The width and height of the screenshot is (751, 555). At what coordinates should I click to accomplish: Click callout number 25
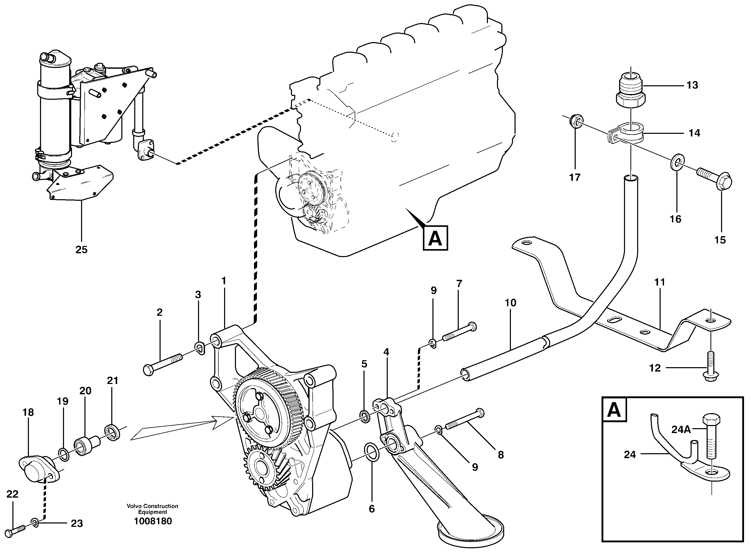click(x=81, y=250)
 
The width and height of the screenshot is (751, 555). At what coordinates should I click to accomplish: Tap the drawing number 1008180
click(x=153, y=521)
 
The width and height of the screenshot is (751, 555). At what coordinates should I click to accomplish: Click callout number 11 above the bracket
click(x=660, y=282)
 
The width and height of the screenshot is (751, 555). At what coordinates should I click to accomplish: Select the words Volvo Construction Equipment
click(x=152, y=509)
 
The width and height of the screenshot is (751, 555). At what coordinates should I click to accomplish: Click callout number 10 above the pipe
click(x=510, y=303)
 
